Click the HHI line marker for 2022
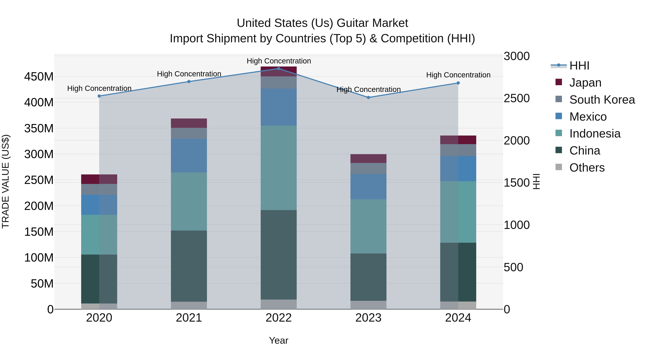(278, 69)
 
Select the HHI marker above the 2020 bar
(99, 96)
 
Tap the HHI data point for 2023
(368, 98)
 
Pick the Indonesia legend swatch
(559, 133)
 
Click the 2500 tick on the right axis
(517, 98)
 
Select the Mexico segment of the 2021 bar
(189, 156)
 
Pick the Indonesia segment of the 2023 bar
(368, 226)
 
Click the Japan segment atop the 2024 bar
(458, 140)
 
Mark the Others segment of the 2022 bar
(278, 304)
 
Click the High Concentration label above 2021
(189, 74)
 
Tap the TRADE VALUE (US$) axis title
(6, 181)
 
